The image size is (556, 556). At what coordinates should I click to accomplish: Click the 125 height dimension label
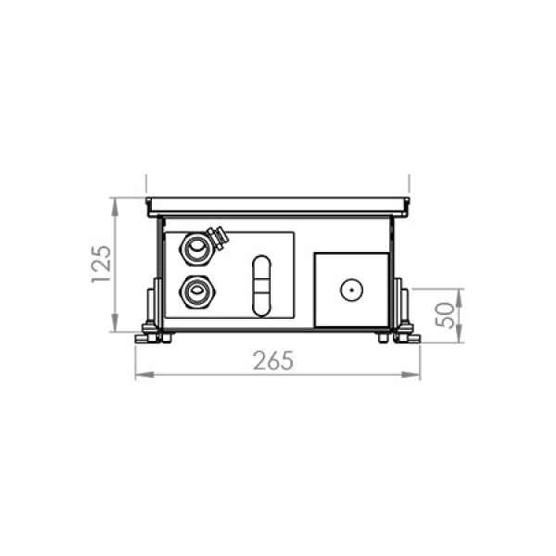[101, 264]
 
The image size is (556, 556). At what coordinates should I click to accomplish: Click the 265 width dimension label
[273, 361]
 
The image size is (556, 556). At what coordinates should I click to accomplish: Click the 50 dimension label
[445, 315]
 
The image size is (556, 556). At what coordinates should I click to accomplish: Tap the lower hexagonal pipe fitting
[196, 292]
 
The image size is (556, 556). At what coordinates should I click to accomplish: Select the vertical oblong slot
[261, 285]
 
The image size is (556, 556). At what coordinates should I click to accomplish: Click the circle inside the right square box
[351, 290]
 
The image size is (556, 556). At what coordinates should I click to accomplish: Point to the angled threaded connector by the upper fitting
[218, 237]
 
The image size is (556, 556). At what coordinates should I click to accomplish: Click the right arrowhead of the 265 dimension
[411, 374]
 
